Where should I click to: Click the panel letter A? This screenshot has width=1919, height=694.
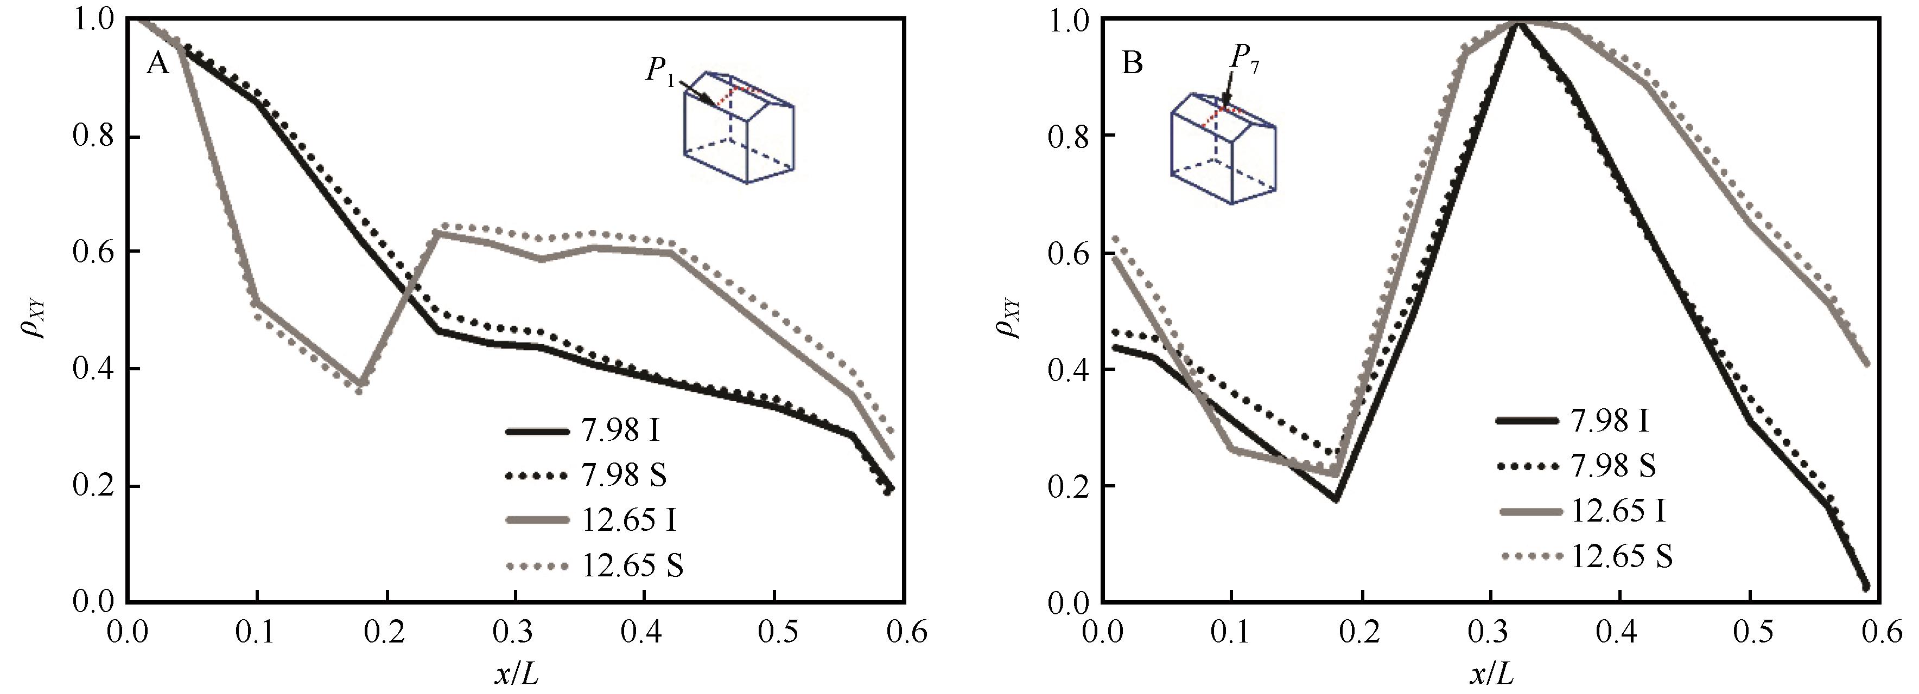[158, 63]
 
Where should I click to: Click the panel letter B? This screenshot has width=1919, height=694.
[1132, 63]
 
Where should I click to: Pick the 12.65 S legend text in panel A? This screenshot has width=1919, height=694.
[632, 566]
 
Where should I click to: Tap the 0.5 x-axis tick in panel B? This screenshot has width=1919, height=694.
[1749, 632]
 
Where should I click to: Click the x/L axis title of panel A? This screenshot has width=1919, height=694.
[516, 674]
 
